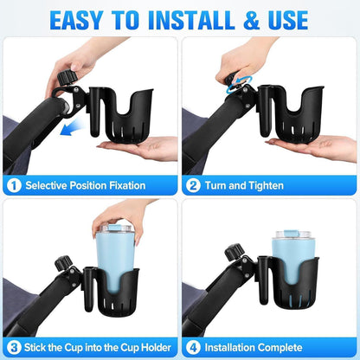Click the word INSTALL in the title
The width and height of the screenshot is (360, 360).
click(191, 20)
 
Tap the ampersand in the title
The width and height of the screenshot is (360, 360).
click(252, 20)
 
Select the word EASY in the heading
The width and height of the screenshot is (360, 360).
click(76, 20)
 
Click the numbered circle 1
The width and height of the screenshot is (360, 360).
click(14, 185)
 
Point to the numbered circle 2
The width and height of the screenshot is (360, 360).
click(193, 185)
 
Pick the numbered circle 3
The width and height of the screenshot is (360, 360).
click(14, 348)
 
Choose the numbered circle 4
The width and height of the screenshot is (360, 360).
click(193, 348)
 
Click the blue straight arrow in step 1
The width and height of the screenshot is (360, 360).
click(71, 128)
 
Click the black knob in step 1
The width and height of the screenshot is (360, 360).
click(67, 77)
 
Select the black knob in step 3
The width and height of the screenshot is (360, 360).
click(63, 263)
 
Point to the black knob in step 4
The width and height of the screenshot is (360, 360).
click(235, 252)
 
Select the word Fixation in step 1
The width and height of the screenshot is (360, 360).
click(126, 185)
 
